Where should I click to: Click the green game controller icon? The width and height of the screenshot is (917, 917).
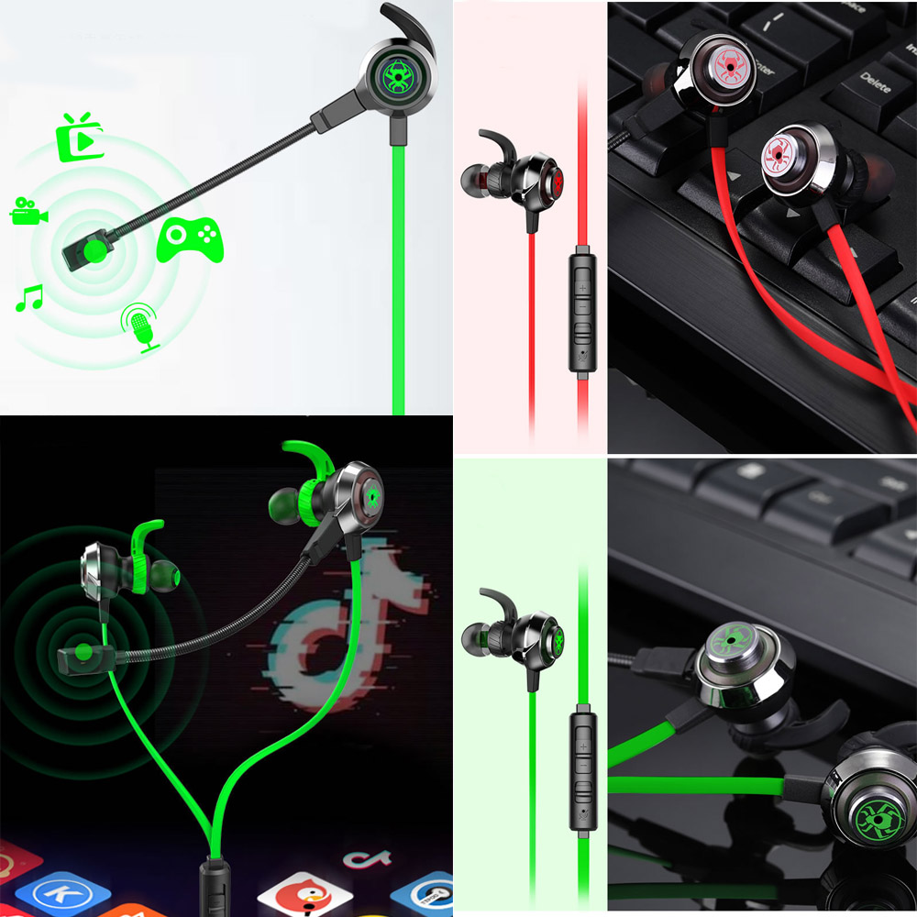pos(191,240)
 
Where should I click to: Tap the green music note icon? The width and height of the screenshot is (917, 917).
pos(29,298)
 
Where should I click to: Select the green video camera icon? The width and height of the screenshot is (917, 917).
pos(28,212)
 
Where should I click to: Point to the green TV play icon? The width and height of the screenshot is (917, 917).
pos(81,138)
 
